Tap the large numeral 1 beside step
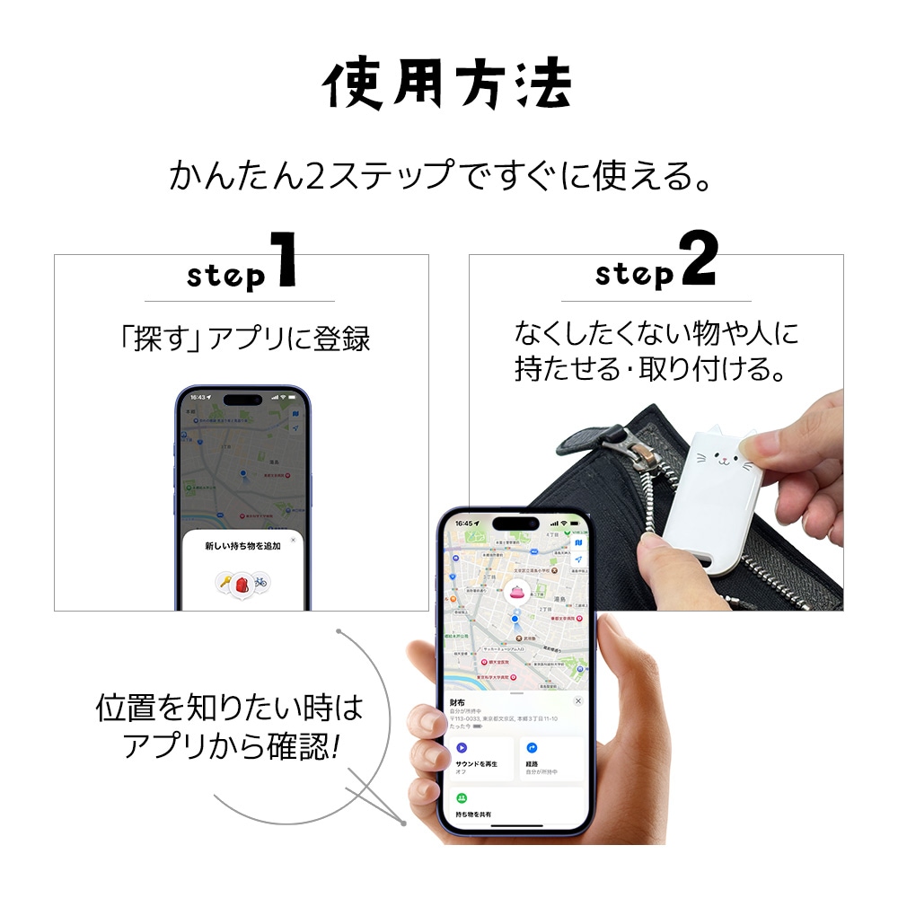(x=284, y=260)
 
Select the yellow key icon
(x=224, y=583)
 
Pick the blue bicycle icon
(x=260, y=583)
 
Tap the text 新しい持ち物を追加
(x=242, y=546)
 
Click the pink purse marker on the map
(x=516, y=590)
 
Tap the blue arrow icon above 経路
(x=532, y=747)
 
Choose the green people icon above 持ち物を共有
(x=462, y=797)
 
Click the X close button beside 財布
(x=577, y=700)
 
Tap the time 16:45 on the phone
(x=463, y=524)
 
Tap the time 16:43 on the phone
(x=198, y=396)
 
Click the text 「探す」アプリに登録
(x=243, y=339)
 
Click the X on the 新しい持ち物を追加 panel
(x=293, y=540)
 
